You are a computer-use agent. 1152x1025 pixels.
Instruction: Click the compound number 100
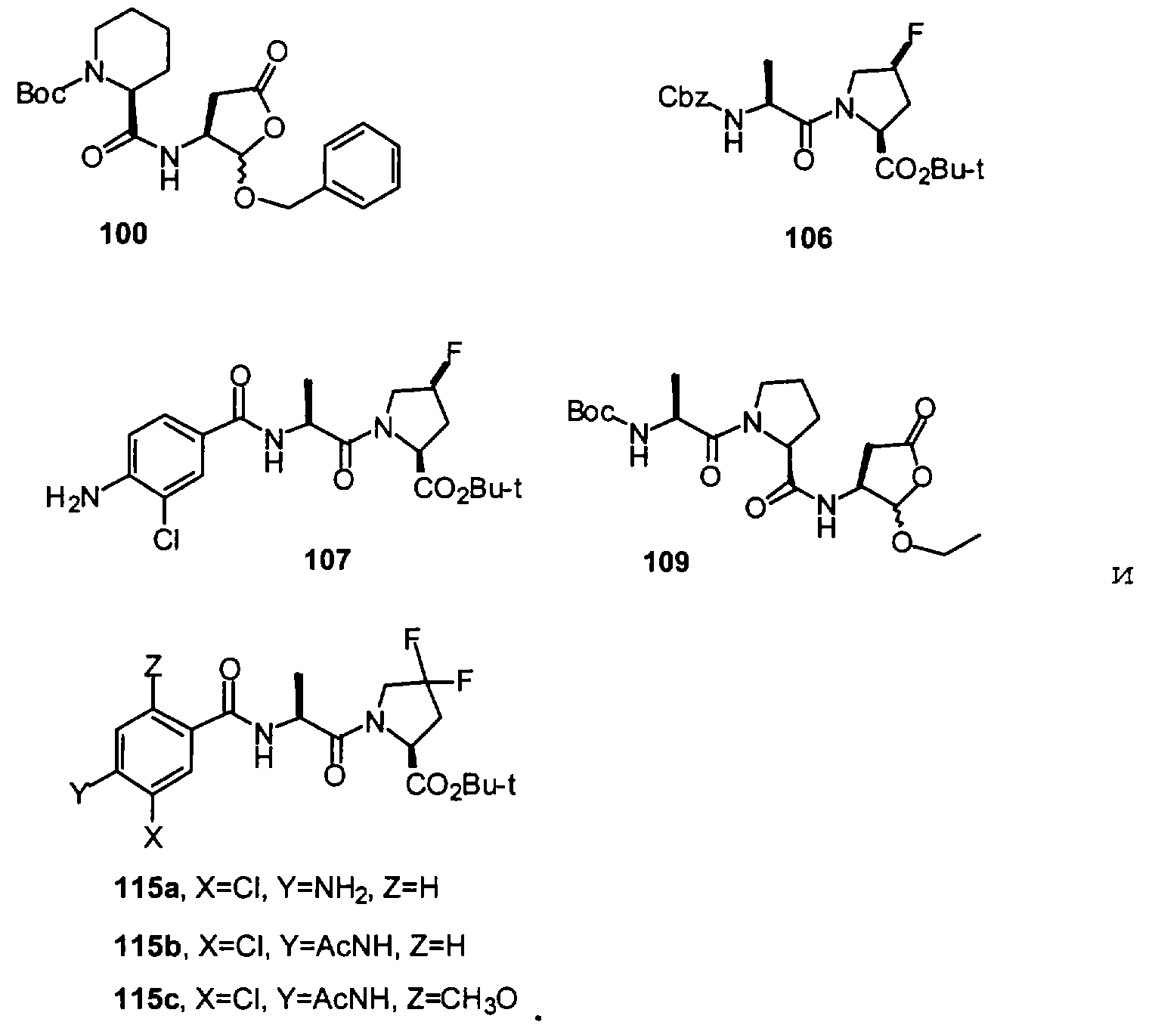tap(123, 234)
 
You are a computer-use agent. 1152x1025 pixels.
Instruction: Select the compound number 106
tap(808, 238)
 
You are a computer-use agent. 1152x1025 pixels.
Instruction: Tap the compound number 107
tap(327, 559)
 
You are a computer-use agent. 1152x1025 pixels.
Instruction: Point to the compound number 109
tap(666, 562)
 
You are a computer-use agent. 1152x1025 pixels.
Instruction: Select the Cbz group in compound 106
tap(683, 98)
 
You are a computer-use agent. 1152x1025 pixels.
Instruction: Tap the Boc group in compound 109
tap(591, 411)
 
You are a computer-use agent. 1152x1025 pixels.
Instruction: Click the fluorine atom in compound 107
tap(456, 351)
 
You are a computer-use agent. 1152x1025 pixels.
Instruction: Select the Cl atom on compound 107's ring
tap(166, 539)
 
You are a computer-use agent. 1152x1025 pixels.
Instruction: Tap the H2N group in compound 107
tap(73, 498)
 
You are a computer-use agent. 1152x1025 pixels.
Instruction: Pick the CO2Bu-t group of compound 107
tap(467, 490)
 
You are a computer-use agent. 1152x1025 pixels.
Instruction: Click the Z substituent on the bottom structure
tap(153, 666)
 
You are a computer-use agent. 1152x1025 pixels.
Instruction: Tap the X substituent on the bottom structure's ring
tap(153, 838)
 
